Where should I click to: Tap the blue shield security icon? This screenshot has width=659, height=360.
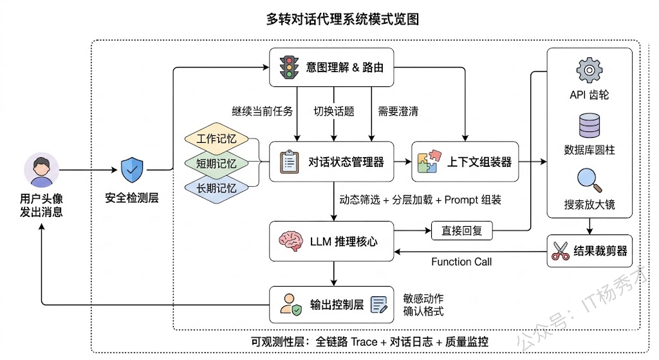[x=133, y=169]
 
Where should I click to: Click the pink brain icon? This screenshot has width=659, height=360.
[x=289, y=242]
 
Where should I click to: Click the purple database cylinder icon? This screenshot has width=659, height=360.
[x=589, y=125]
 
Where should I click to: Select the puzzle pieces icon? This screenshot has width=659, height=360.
[x=429, y=162]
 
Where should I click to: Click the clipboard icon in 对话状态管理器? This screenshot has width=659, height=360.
[x=290, y=162]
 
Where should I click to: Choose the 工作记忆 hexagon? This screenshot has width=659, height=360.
[x=216, y=140]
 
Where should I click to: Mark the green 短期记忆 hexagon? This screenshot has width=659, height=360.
[x=216, y=164]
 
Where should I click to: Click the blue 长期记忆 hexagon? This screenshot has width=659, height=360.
[x=216, y=188]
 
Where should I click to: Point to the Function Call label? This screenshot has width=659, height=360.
[x=461, y=261]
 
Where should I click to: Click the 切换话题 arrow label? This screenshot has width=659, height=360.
[x=333, y=111]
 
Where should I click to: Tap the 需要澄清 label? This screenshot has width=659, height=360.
[x=398, y=111]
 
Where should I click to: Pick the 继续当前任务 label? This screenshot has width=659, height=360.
[x=262, y=111]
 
